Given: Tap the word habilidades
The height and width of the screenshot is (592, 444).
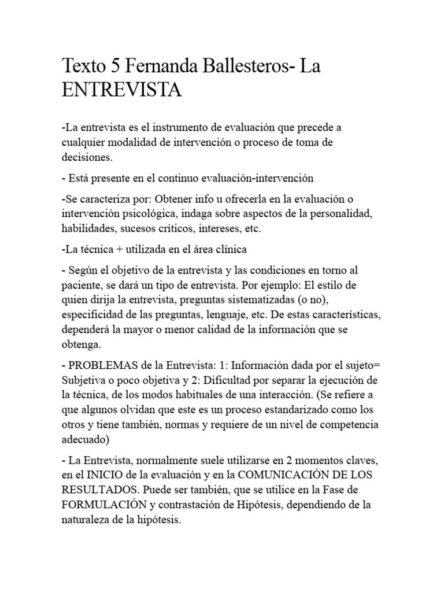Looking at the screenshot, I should (x=88, y=229).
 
